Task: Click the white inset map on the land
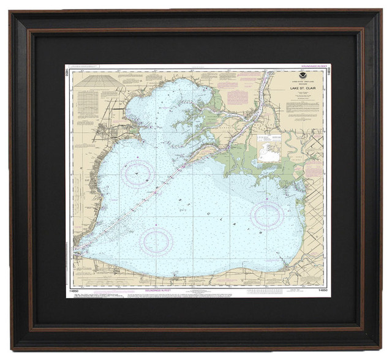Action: pyautogui.click(x=269, y=149)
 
